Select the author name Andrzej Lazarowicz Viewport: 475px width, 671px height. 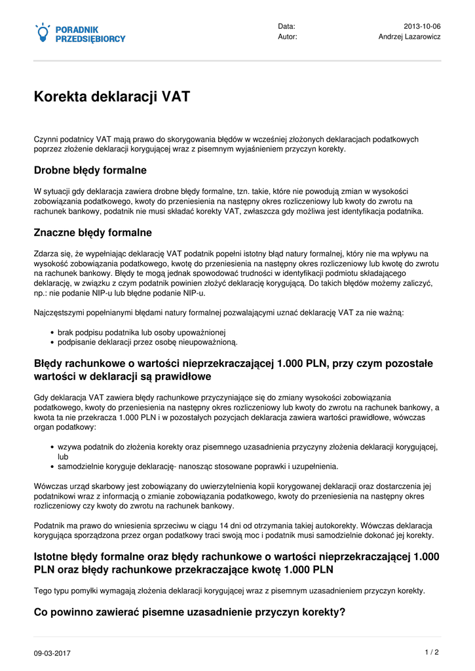pos(409,37)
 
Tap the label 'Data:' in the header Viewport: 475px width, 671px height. pos(286,26)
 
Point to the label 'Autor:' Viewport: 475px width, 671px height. pos(288,37)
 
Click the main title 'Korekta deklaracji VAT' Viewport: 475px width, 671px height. pos(112,97)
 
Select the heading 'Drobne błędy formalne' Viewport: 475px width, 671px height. pos(90,170)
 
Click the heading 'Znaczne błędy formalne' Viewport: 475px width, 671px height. pos(93,233)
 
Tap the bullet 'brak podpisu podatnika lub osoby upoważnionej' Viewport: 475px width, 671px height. pos(142,332)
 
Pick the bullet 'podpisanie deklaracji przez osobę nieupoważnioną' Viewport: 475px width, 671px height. pos(147,342)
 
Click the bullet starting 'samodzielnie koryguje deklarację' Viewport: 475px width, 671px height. pos(198,467)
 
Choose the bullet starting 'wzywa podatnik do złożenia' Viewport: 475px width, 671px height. pos(248,447)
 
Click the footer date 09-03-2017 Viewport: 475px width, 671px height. pos(52,653)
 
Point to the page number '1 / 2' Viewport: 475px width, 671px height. pos(432,652)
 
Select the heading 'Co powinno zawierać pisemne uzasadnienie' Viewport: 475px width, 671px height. pos(189,613)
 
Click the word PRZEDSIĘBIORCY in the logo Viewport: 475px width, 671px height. pos(90,39)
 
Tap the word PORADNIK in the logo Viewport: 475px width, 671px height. pos(77,29)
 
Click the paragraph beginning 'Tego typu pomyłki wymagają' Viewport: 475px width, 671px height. pos(229,590)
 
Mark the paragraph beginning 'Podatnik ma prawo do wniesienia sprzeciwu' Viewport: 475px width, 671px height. pos(236,530)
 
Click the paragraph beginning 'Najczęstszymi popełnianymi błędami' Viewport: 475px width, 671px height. pos(219,313)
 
